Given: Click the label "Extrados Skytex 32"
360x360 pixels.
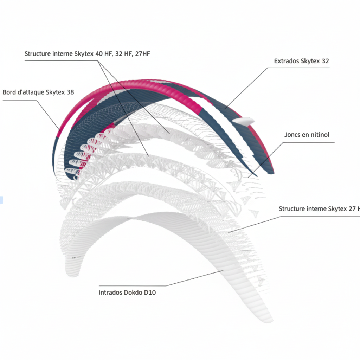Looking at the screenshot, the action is pyautogui.click(x=301, y=61).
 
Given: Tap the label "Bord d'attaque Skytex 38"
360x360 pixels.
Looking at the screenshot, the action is pyautogui.click(x=38, y=92).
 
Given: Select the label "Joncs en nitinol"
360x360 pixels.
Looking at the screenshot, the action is pyautogui.click(x=307, y=135).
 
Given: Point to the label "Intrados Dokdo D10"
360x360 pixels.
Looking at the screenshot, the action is pyautogui.click(x=127, y=292).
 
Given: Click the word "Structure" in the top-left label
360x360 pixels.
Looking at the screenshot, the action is pyautogui.click(x=38, y=54).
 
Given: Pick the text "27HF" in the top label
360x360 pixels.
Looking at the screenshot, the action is pyautogui.click(x=143, y=54).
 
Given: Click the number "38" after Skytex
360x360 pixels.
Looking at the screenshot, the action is pyautogui.click(x=70, y=92).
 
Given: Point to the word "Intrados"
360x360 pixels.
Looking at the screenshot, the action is pyautogui.click(x=110, y=292).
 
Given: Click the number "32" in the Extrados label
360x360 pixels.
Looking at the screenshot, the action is pyautogui.click(x=325, y=61).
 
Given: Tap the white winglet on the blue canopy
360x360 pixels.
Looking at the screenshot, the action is pyautogui.click(x=243, y=121).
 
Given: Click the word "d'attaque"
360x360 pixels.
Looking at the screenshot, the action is pyautogui.click(x=31, y=92).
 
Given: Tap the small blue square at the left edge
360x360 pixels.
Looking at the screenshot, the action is pyautogui.click(x=1, y=200).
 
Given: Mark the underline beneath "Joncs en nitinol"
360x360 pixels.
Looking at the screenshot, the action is pyautogui.click(x=309, y=142).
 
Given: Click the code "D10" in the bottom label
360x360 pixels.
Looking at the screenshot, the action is pyautogui.click(x=150, y=292).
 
